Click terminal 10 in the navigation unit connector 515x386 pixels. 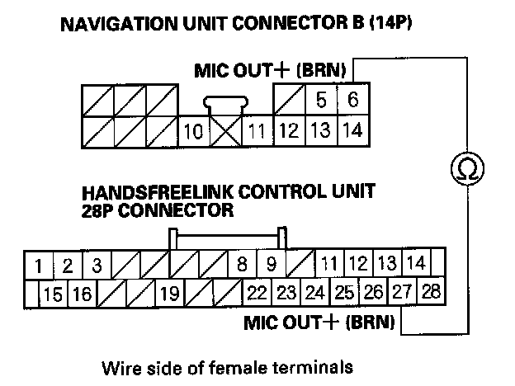coord(193,131)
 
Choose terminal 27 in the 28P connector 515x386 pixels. coord(401,292)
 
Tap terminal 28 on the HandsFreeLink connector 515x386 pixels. coord(430,292)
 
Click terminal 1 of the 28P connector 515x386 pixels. coord(40,266)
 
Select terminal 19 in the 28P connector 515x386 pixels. coord(169,293)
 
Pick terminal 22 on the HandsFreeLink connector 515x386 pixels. coord(256,293)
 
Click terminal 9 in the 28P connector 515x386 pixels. coord(270,266)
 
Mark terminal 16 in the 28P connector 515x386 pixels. coord(81,293)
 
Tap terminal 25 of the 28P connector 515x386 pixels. coord(344,292)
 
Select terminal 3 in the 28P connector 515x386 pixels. coord(97,266)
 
